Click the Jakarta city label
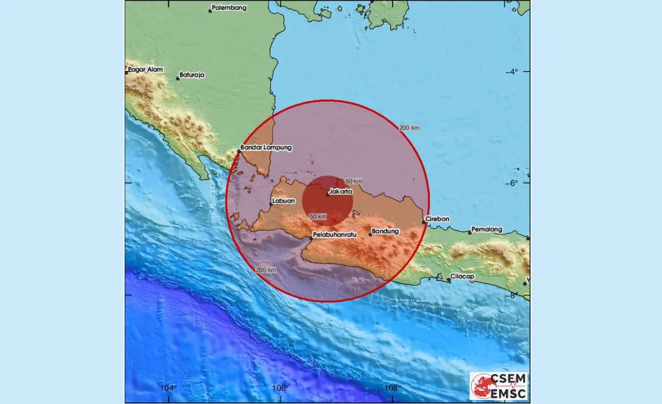pos(341,192)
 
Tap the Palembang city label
pos(230,8)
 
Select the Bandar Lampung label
pos(266,148)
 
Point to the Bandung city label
pos(386,231)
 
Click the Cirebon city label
pos(439,219)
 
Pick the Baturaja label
pos(193,76)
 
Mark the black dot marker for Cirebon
pos(424,222)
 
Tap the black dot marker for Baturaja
pos(178,78)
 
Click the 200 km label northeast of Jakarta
pos(409,128)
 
